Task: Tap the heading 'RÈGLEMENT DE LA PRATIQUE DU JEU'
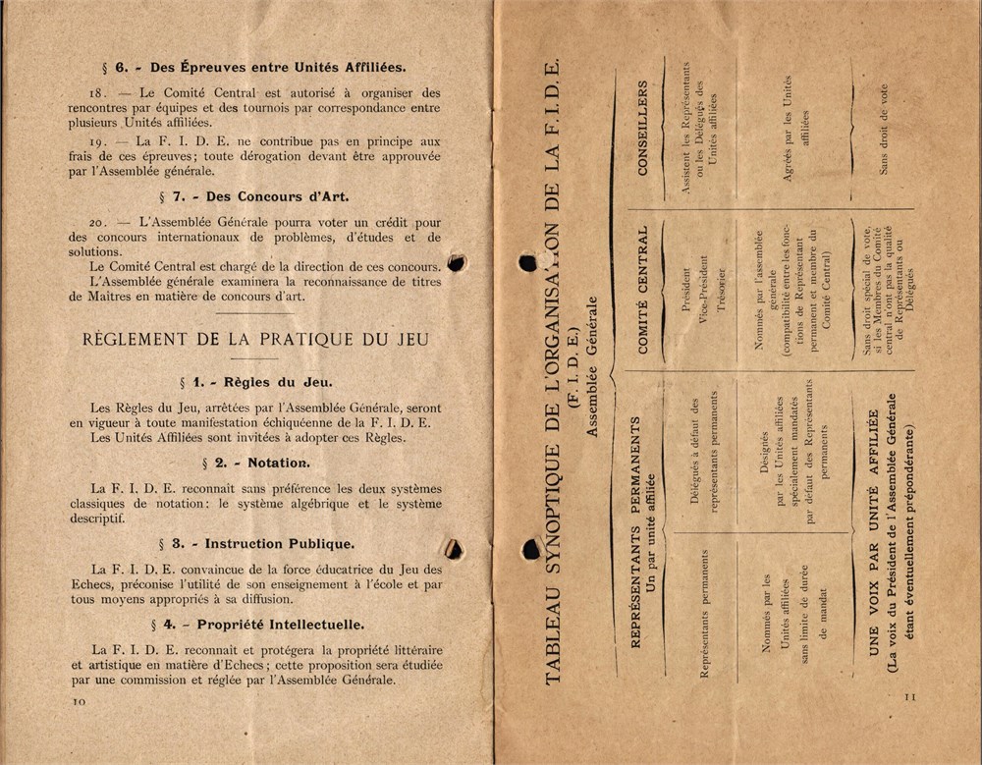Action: click(x=255, y=339)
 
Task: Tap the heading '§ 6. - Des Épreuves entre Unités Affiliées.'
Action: click(x=254, y=68)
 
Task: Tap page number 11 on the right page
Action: click(x=907, y=695)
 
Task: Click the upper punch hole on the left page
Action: click(x=456, y=262)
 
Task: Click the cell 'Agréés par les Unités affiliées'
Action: click(x=795, y=130)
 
